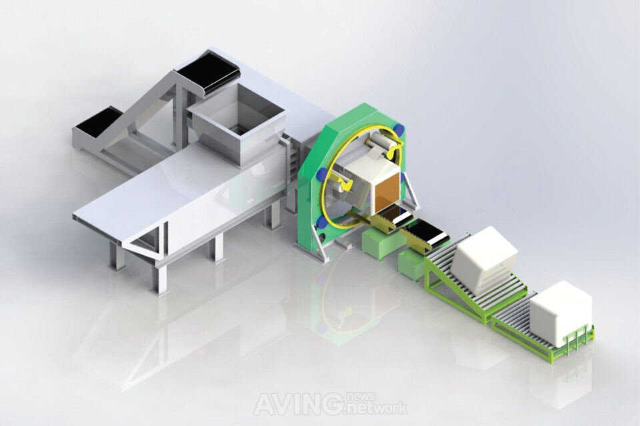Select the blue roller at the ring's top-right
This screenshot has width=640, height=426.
pyautogui.click(x=399, y=129)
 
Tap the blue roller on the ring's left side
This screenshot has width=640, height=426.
pyautogui.click(x=322, y=175)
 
